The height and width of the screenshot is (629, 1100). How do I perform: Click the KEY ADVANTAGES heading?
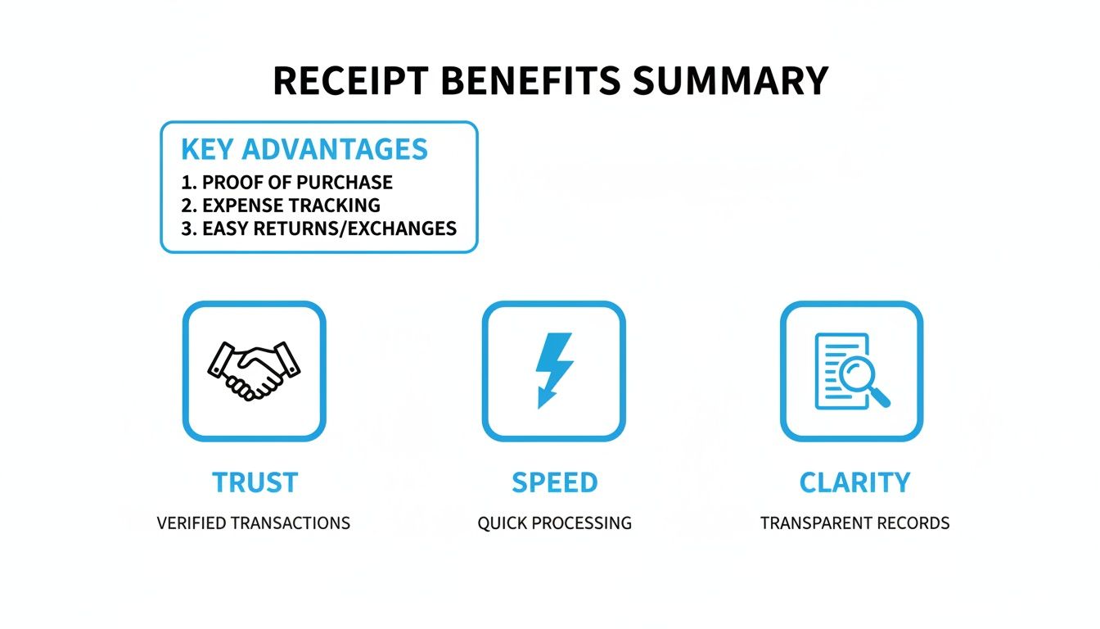pyautogui.click(x=304, y=149)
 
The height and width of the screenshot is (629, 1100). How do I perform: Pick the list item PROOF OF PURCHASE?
pyautogui.click(x=297, y=182)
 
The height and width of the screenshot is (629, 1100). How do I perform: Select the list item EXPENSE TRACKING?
pyautogui.click(x=291, y=205)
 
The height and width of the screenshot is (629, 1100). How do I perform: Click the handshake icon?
pyautogui.click(x=254, y=370)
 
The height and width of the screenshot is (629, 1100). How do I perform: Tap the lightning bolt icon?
pyautogui.click(x=554, y=369)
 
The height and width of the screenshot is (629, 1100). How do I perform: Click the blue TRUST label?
pyautogui.click(x=254, y=482)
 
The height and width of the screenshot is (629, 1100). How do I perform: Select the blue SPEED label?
pyautogui.click(x=554, y=482)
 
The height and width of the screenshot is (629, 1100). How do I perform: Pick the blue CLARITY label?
pyautogui.click(x=854, y=482)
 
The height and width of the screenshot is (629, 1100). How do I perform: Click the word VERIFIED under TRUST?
pyautogui.click(x=192, y=523)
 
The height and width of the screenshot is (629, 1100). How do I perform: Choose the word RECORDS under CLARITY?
pyautogui.click(x=917, y=523)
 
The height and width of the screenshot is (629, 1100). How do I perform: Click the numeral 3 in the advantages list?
pyautogui.click(x=186, y=228)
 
